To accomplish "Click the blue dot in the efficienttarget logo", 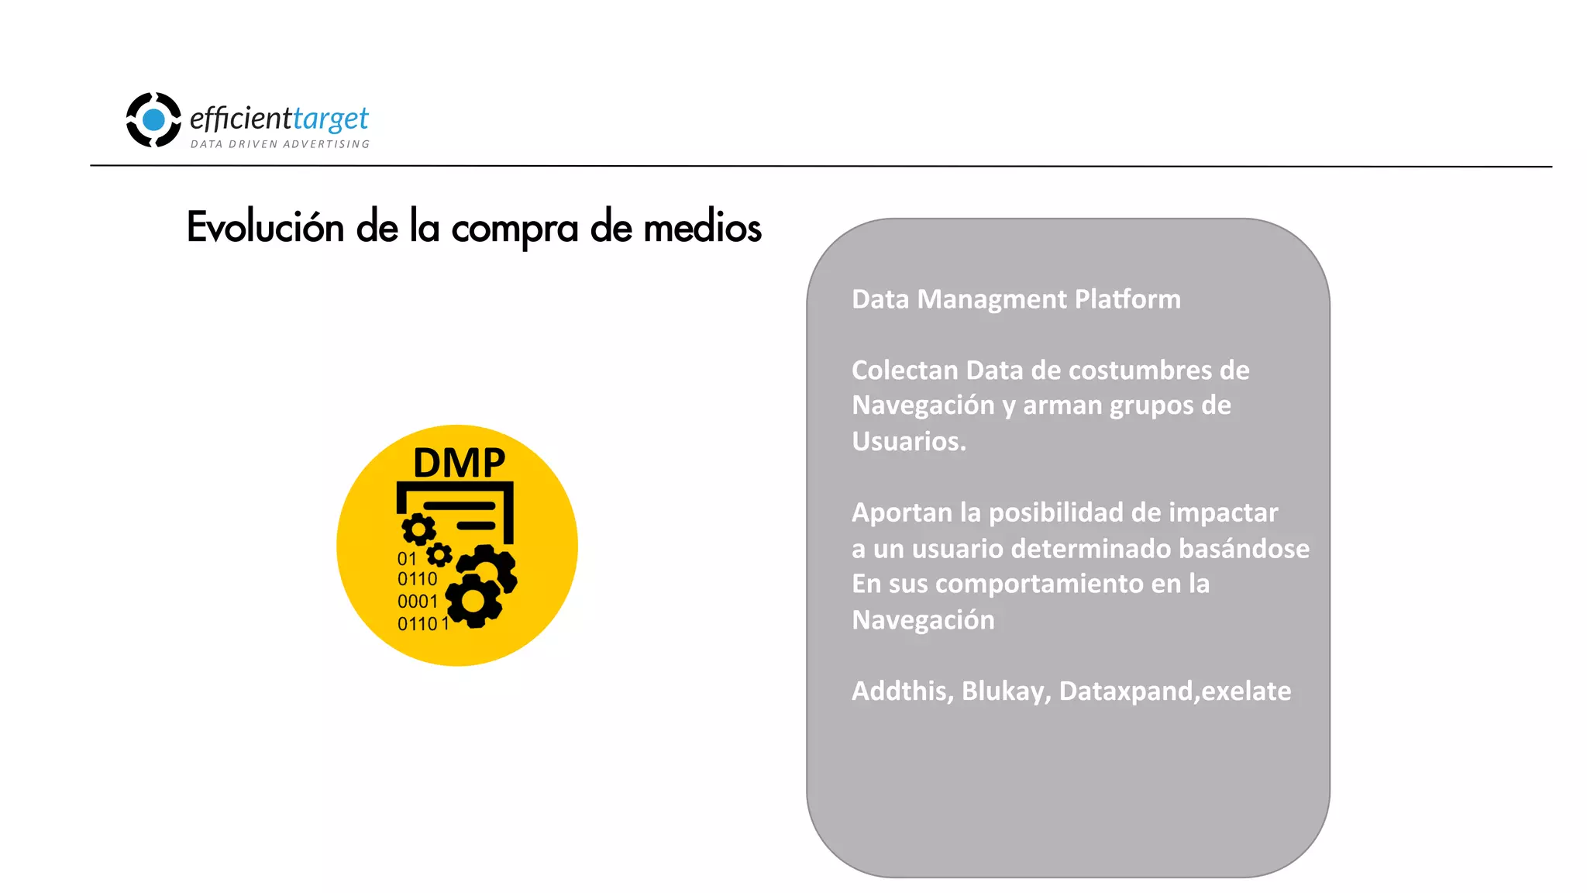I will (x=154, y=120).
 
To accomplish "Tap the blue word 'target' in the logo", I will (x=331, y=119).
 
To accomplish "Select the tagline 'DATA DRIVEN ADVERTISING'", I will (x=280, y=144).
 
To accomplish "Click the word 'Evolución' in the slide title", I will (x=265, y=228).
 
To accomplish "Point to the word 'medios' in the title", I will (x=702, y=228).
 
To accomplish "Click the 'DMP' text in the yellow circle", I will (x=459, y=463).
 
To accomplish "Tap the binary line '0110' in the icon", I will (x=417, y=579).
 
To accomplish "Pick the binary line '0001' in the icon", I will (x=417, y=602).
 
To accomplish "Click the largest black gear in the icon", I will (x=474, y=601).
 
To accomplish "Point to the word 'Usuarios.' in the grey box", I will (x=909, y=441).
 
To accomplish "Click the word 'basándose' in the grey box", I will (x=1244, y=549).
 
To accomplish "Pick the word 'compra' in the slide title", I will (x=515, y=229).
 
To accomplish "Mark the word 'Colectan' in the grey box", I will (x=904, y=371).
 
